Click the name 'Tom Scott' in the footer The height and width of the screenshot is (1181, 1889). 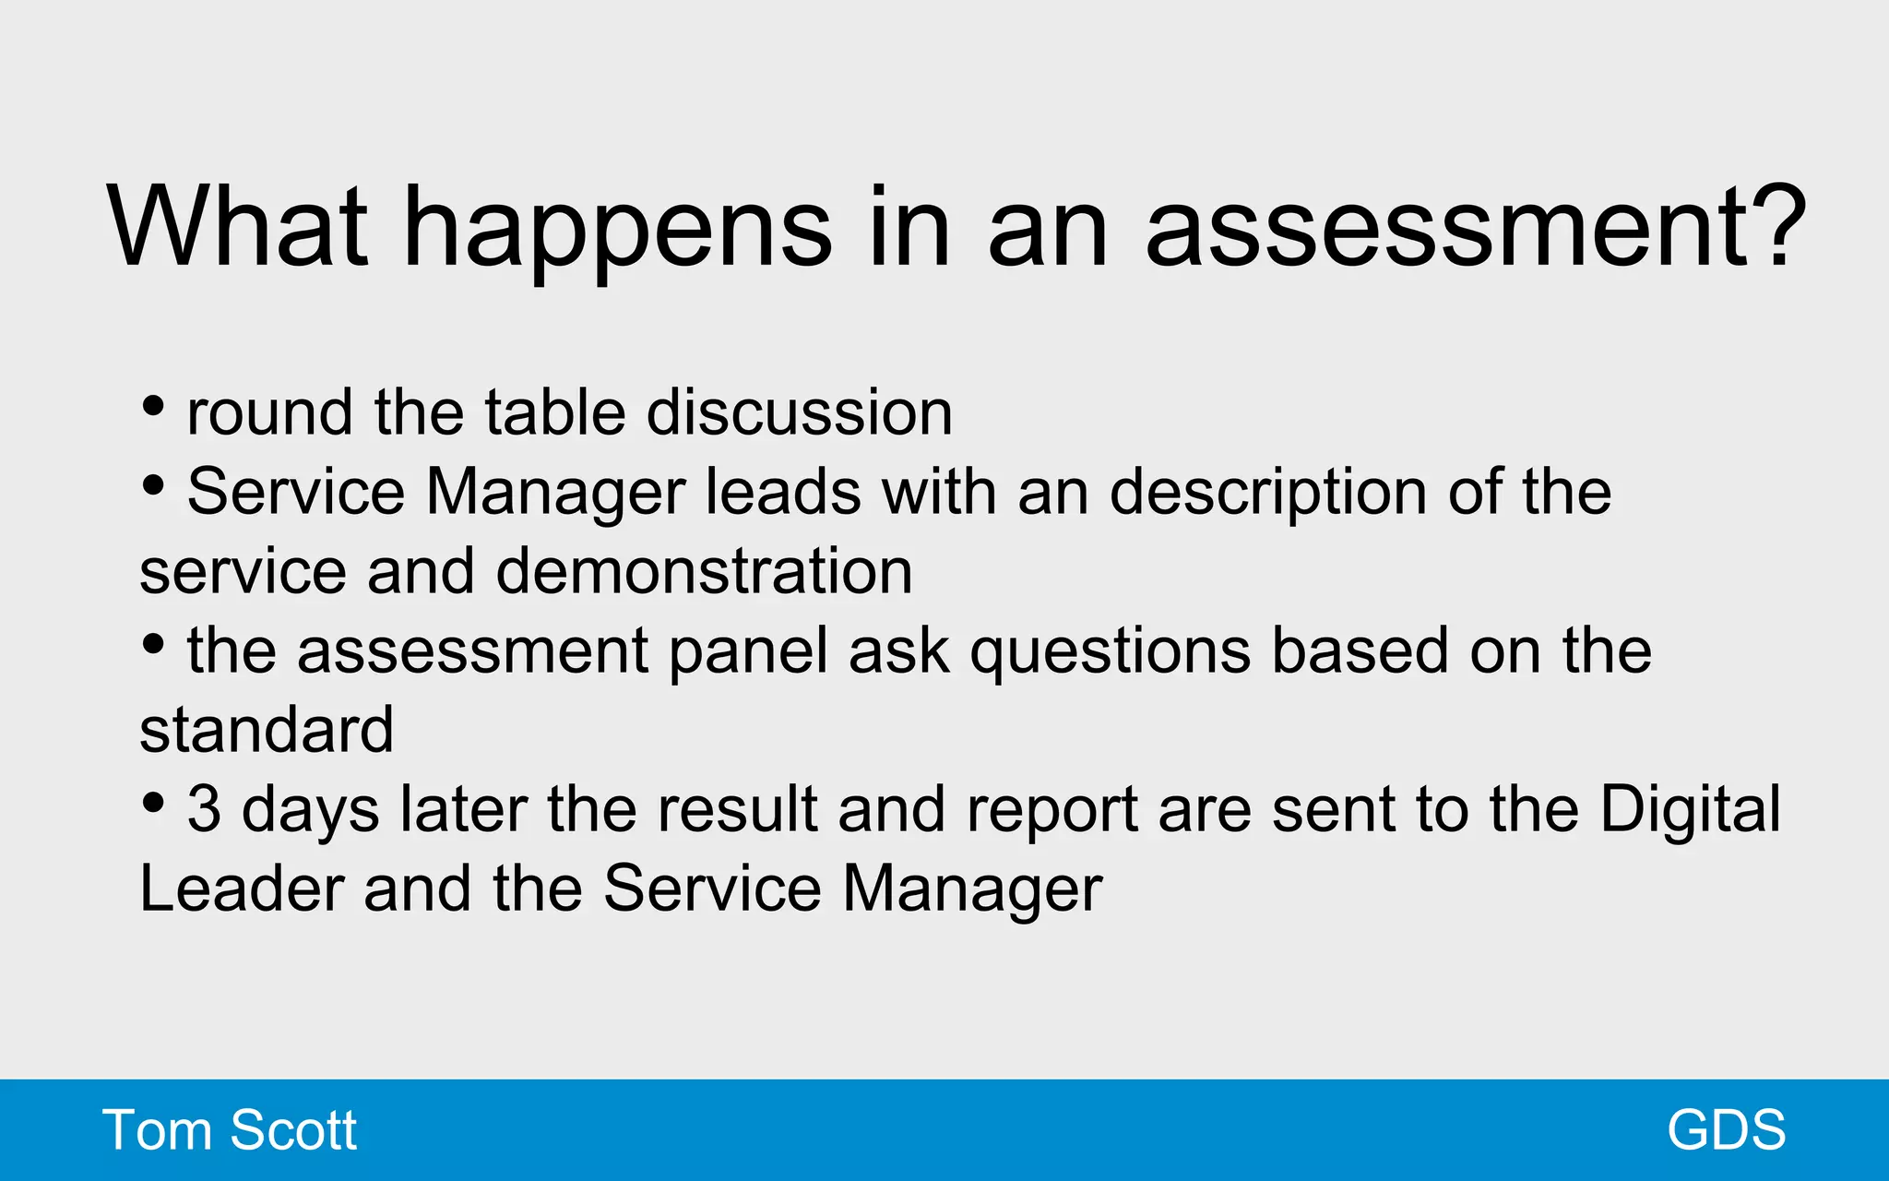(230, 1129)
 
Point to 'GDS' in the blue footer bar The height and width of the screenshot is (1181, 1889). (1727, 1129)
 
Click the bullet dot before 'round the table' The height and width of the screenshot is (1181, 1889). (154, 405)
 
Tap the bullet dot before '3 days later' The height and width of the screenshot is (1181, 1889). (154, 803)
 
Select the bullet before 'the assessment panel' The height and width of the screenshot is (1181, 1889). (154, 644)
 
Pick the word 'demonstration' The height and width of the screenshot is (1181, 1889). (705, 571)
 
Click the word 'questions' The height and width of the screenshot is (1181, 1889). (1111, 653)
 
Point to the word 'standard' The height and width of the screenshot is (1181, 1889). (267, 730)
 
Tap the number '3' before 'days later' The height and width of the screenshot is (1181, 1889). (204, 809)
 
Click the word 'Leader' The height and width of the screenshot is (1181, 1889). (242, 889)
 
